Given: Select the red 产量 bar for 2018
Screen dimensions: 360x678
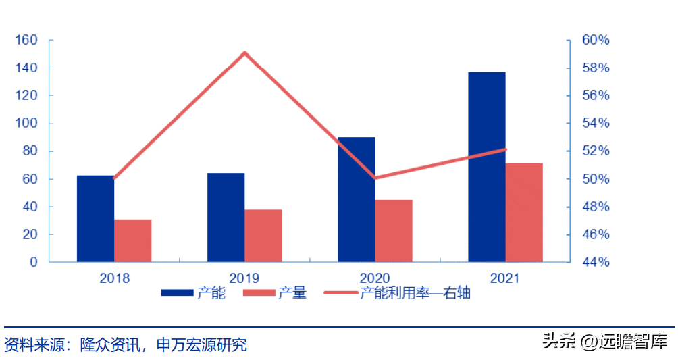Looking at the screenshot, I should click(132, 240).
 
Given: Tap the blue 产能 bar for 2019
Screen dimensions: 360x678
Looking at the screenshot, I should click(226, 217).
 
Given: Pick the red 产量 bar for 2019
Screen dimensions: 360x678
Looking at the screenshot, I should click(263, 236).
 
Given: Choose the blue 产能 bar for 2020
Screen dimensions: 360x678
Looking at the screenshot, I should click(356, 199).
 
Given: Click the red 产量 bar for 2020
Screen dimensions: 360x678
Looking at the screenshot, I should click(393, 231).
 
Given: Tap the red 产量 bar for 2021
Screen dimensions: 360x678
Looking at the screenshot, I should click(524, 212).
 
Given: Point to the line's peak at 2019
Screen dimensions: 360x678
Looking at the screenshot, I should click(244, 53).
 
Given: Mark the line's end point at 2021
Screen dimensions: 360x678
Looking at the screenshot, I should click(505, 149).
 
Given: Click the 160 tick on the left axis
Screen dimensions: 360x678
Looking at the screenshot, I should click(26, 41).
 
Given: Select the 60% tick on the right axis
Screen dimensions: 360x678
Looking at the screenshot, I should click(596, 41).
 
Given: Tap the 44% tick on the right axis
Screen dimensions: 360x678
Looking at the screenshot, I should click(596, 262).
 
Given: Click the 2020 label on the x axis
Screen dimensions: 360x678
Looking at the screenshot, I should click(375, 278).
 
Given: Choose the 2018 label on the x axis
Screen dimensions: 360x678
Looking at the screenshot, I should click(114, 278).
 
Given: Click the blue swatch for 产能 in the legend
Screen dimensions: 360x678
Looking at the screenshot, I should click(178, 293).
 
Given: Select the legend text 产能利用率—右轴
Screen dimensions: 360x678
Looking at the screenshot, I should click(415, 293).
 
